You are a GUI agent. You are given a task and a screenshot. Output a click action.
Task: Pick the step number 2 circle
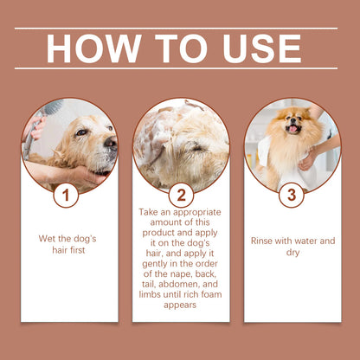click(x=181, y=196)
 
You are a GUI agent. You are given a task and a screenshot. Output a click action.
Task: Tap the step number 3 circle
click(x=291, y=196)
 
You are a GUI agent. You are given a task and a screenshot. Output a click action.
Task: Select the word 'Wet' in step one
click(x=48, y=238)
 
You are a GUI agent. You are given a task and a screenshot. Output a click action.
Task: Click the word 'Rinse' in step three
click(x=264, y=241)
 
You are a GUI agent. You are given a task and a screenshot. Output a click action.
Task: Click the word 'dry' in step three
click(x=292, y=253)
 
